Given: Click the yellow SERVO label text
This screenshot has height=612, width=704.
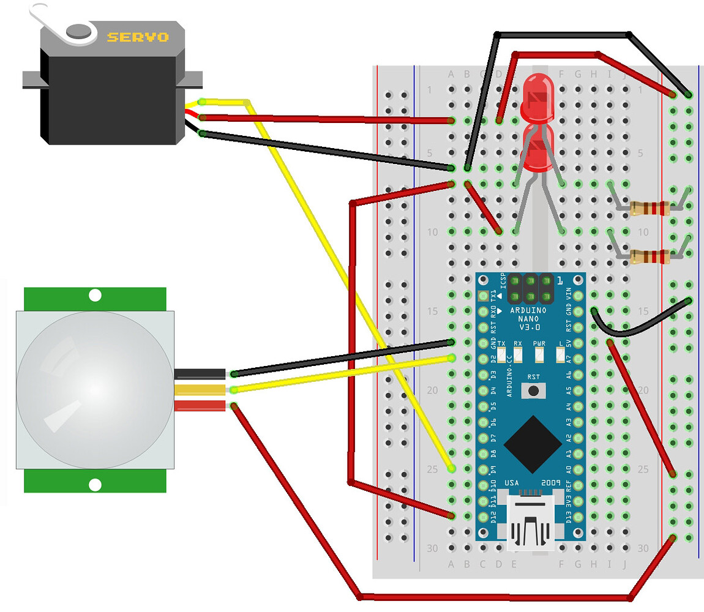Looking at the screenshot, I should click(x=138, y=37).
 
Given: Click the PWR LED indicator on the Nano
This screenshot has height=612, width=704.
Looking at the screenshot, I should click(x=539, y=354).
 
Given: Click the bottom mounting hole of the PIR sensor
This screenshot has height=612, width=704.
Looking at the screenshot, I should click(x=95, y=485).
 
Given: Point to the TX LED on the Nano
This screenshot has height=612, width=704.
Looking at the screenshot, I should click(x=501, y=354).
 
